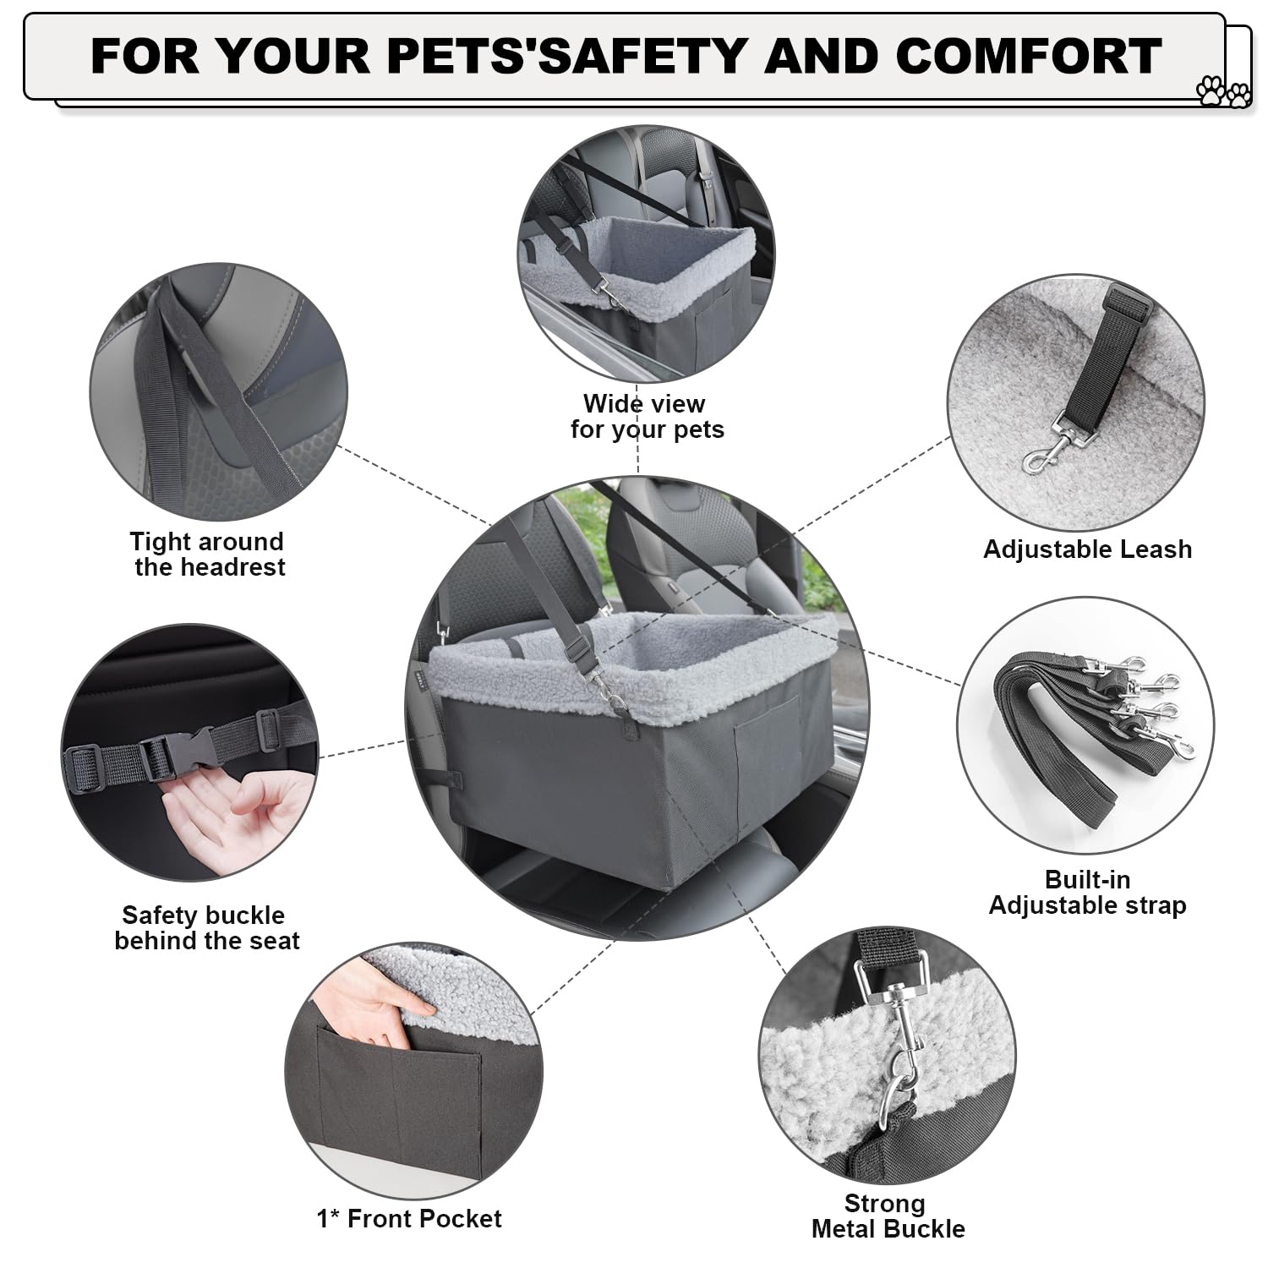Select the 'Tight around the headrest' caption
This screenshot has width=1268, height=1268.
[208, 554]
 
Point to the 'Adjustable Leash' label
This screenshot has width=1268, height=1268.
[1087, 549]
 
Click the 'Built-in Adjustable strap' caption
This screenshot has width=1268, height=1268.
[1087, 892]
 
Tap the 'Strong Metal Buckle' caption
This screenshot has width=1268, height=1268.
[887, 1216]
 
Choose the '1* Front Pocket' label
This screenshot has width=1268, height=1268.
[409, 1218]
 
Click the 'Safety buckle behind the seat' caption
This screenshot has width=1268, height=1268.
[206, 927]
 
